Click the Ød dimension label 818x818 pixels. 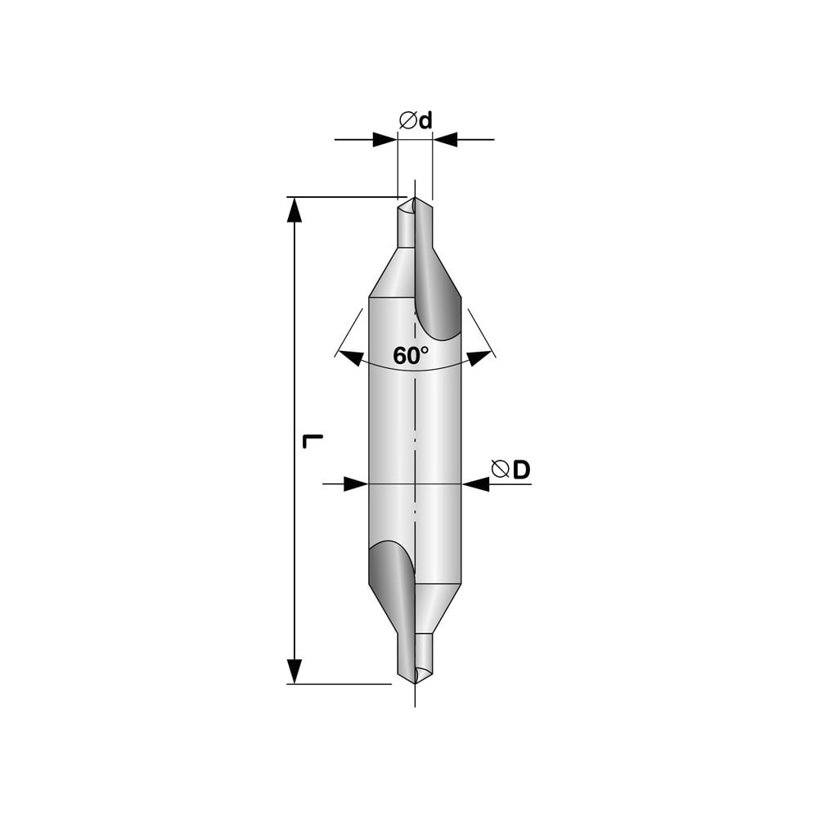click(416, 120)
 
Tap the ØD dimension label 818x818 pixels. click(510, 470)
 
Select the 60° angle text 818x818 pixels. click(411, 356)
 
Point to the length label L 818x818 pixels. click(312, 441)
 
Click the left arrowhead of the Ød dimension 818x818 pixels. click(385, 140)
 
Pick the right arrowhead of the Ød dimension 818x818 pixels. click(445, 140)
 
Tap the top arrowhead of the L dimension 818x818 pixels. click(294, 209)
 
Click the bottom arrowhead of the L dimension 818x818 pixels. click(294, 671)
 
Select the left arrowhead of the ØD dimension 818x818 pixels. click(357, 484)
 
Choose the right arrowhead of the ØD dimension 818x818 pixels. click(474, 484)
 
